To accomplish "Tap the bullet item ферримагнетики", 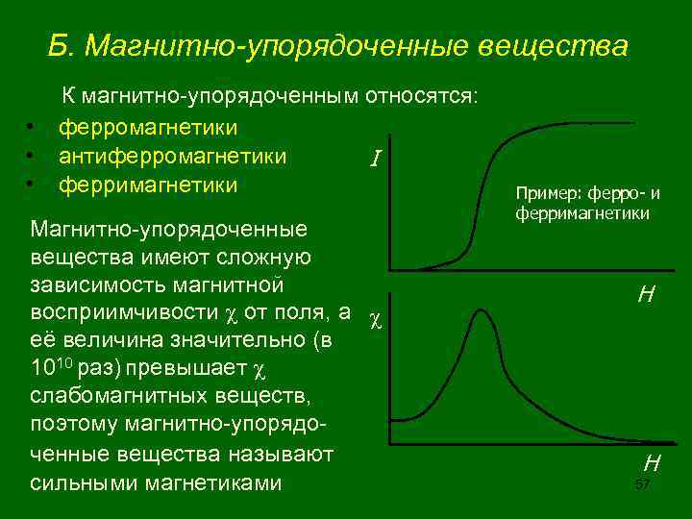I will (x=148, y=183).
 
